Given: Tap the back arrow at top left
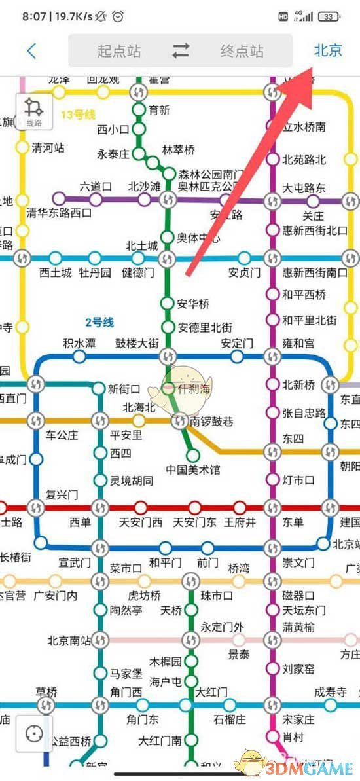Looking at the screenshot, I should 31,50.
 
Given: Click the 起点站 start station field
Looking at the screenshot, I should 119,51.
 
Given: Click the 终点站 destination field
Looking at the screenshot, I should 242,51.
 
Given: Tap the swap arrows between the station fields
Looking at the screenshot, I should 181,51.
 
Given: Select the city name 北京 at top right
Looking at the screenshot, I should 328,50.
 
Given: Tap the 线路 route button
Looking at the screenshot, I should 34,113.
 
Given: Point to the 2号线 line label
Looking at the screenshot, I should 99,322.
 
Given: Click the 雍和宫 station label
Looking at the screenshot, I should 298,343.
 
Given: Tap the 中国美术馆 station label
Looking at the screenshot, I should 193,470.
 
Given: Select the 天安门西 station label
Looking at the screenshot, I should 140,522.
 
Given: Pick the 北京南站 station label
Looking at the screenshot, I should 69,640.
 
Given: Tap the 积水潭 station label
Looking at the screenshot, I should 79,343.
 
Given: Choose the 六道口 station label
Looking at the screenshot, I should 96,187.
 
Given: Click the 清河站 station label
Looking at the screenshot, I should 48,148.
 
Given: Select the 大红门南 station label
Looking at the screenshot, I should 160,740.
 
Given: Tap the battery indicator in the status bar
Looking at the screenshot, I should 330,16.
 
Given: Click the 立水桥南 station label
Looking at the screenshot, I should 304,126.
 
